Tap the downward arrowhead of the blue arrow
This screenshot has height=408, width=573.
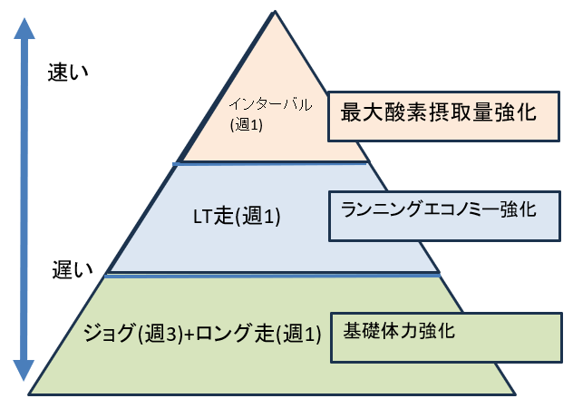coord(24,370)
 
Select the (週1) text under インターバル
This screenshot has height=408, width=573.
coord(247,125)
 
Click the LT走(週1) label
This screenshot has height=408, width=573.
coord(238,217)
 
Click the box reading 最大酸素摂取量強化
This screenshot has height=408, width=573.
coord(441,116)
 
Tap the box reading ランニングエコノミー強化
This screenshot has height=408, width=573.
coord(444,216)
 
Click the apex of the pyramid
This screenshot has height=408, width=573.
coord(274,11)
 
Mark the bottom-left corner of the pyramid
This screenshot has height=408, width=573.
coord(31,393)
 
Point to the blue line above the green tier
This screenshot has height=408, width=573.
coord(272,275)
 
